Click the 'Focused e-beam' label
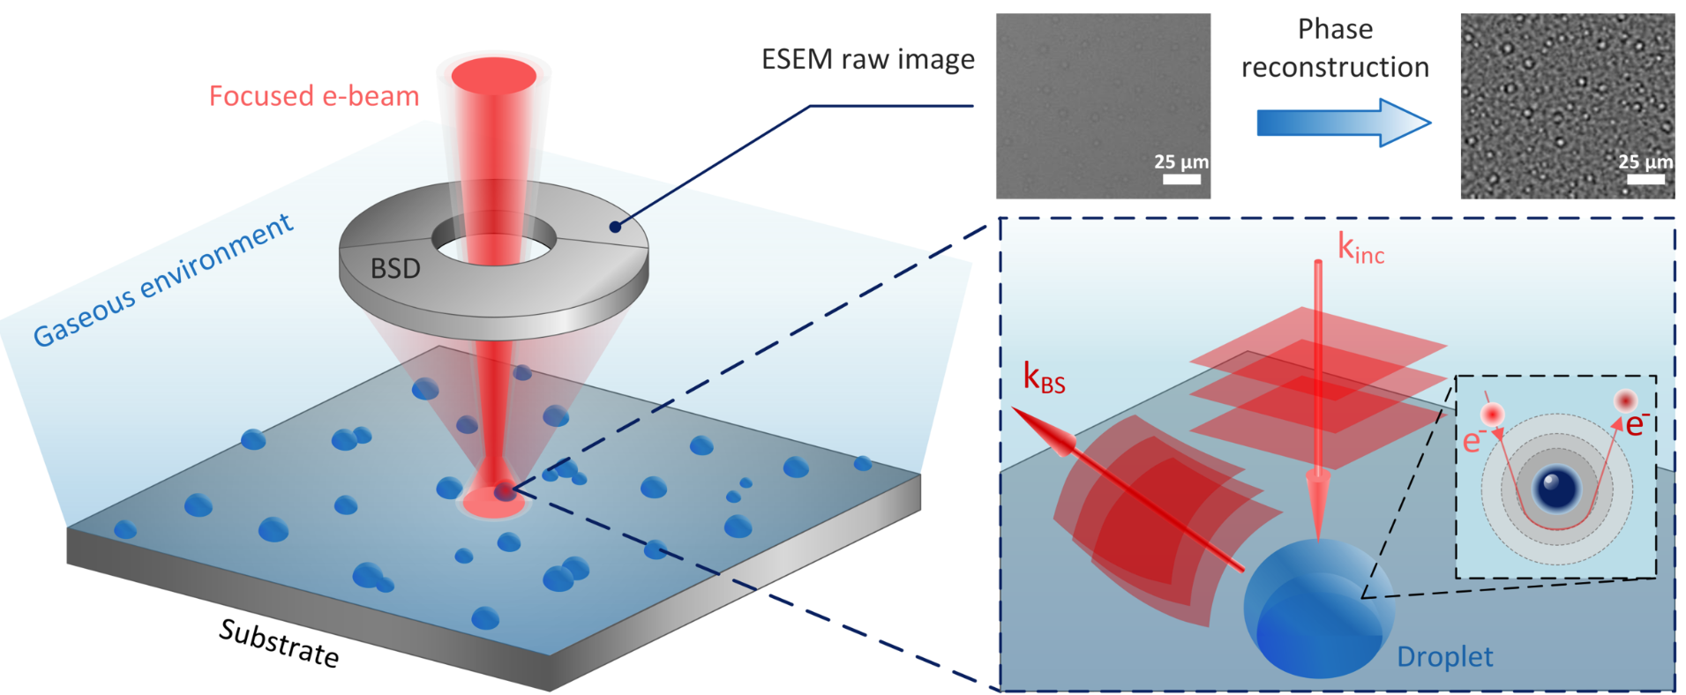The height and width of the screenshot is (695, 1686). pos(313,95)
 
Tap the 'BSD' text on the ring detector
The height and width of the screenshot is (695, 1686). pos(394,268)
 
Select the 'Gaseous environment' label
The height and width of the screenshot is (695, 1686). pos(163,280)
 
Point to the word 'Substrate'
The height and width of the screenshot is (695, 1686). pos(279,643)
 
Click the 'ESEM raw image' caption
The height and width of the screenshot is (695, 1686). pos(867,59)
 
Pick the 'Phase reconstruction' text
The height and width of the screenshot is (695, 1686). pos(1335,49)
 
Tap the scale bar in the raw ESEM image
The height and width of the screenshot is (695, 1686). pos(1181,179)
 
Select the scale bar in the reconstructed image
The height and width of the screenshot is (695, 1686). pos(1645,179)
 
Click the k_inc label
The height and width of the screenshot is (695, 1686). pos(1360,249)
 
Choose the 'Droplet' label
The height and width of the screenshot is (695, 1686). pos(1444,657)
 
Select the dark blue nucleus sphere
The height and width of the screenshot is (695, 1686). pos(1556,488)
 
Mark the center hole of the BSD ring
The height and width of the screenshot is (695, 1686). pos(494,239)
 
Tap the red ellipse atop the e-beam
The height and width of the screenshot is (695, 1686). pos(494,76)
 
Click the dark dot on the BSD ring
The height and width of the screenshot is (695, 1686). pos(614,227)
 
